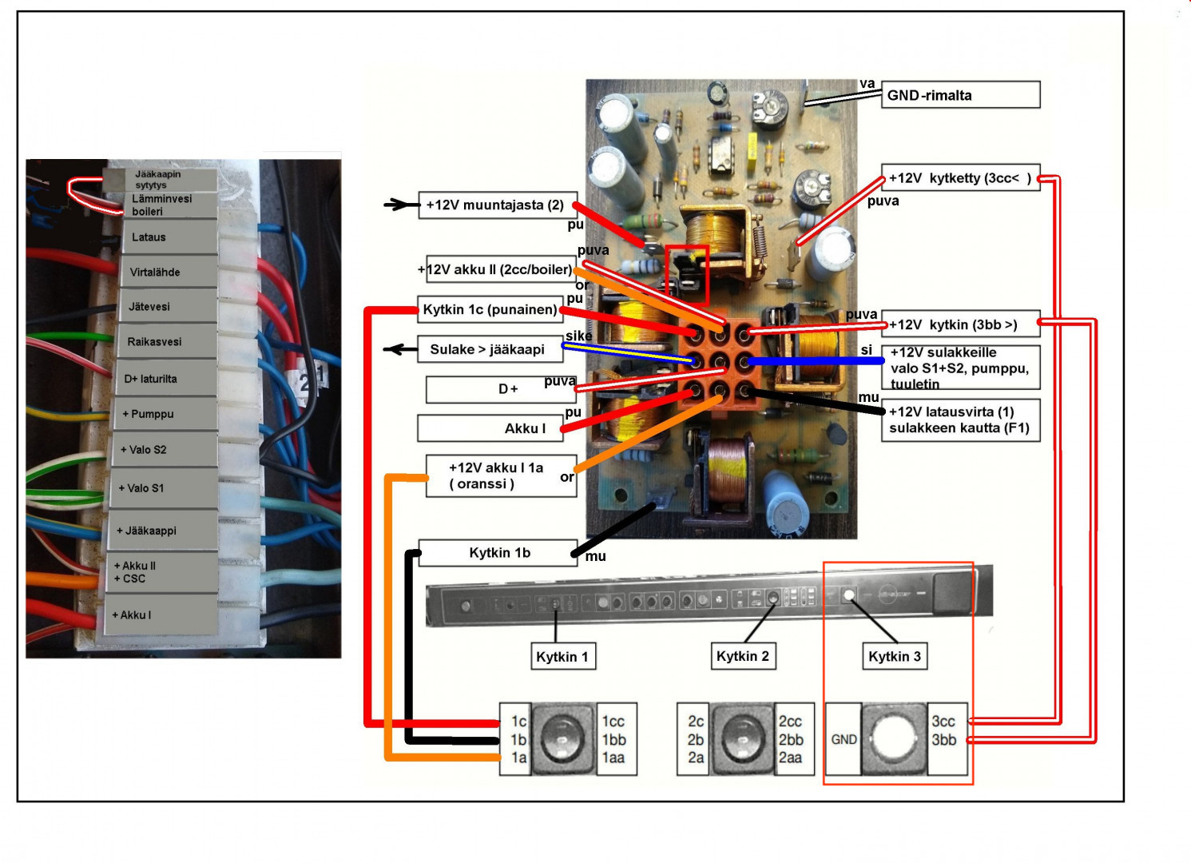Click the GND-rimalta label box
click(x=960, y=95)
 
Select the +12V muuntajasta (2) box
click(x=496, y=205)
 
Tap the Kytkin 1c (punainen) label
click(x=489, y=309)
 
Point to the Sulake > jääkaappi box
click(x=488, y=349)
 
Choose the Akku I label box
click(x=489, y=428)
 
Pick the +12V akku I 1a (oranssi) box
click(x=501, y=476)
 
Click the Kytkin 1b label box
click(x=498, y=553)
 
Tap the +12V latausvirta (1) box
click(x=960, y=420)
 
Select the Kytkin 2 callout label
click(x=742, y=656)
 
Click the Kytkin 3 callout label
click(x=894, y=656)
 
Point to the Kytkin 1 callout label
click(x=562, y=657)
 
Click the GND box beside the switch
click(x=844, y=739)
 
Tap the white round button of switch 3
click(x=894, y=738)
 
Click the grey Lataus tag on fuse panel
click(x=168, y=237)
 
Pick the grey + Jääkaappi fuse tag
click(x=163, y=531)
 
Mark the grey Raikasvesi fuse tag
click(x=168, y=341)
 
